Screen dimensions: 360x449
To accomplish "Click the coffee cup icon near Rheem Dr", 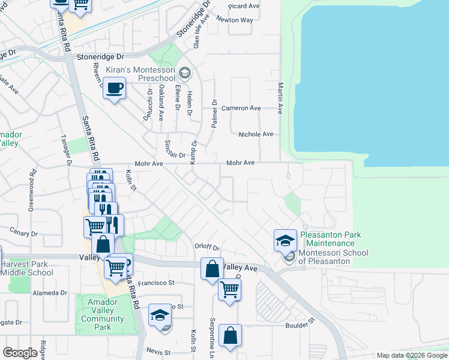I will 114,89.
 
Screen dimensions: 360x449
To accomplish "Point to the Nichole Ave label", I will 256,134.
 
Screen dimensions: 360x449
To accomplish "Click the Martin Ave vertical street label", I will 280,98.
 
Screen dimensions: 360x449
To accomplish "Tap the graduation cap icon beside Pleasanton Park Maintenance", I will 286,241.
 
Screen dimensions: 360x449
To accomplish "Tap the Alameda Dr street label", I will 50,293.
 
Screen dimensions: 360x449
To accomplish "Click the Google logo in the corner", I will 20,353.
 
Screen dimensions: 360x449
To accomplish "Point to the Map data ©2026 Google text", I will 412,356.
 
